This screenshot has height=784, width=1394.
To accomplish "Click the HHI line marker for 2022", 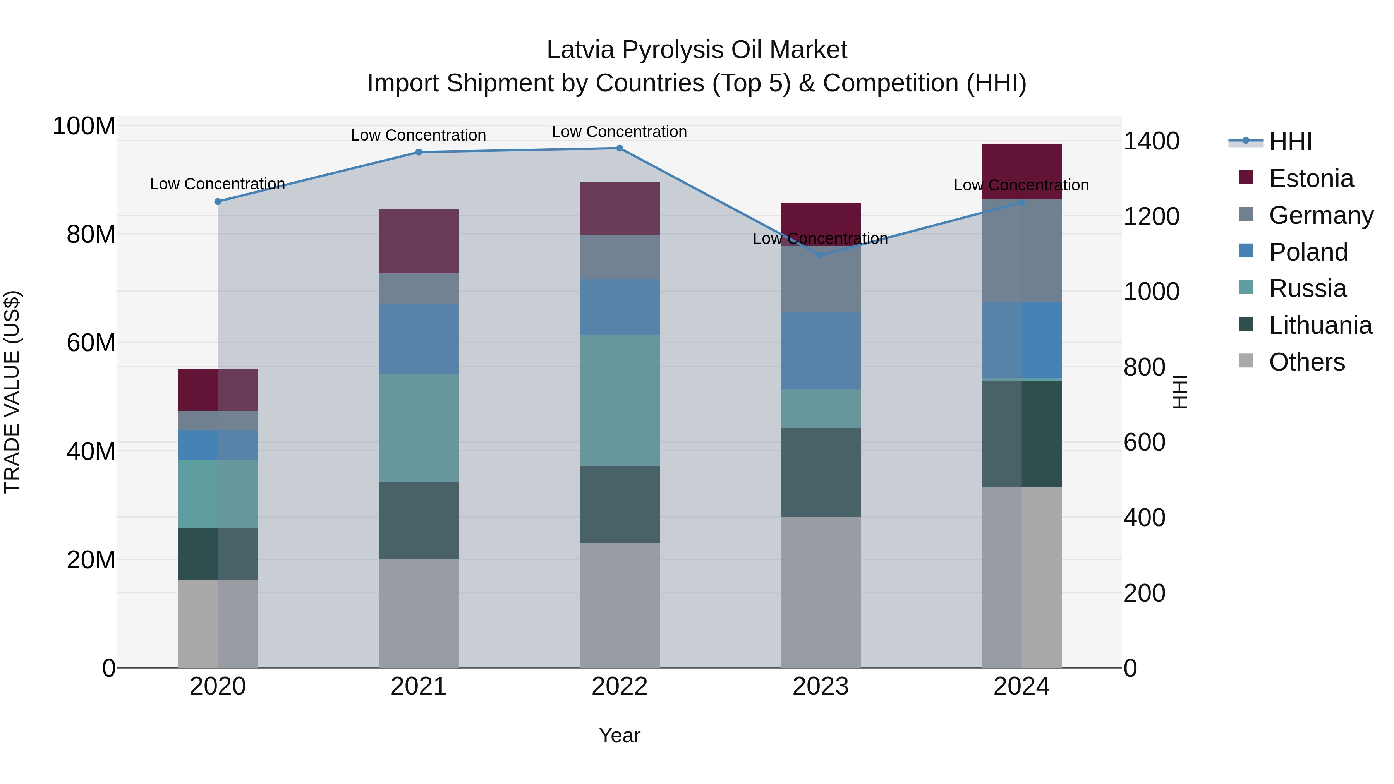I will [x=620, y=148].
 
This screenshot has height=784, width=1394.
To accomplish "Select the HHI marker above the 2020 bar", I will [x=218, y=202].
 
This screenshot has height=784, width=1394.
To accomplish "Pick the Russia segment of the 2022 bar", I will [x=620, y=400].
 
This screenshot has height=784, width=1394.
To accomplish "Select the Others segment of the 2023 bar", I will [x=821, y=592].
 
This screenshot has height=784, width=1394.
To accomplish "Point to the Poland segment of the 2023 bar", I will [x=821, y=351].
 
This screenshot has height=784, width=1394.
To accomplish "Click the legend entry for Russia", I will [x=1307, y=288].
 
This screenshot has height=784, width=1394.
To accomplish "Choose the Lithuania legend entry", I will [x=1320, y=325].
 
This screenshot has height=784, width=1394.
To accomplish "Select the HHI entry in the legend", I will [x=1290, y=142].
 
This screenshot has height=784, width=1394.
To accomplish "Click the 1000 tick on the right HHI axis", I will [x=1151, y=292].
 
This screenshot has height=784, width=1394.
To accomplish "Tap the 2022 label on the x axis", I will [x=620, y=686].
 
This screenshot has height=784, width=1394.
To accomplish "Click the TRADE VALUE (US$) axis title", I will [x=12, y=392].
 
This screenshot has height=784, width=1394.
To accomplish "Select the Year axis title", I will [x=620, y=735].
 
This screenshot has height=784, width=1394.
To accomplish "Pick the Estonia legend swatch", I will [x=1246, y=177].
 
